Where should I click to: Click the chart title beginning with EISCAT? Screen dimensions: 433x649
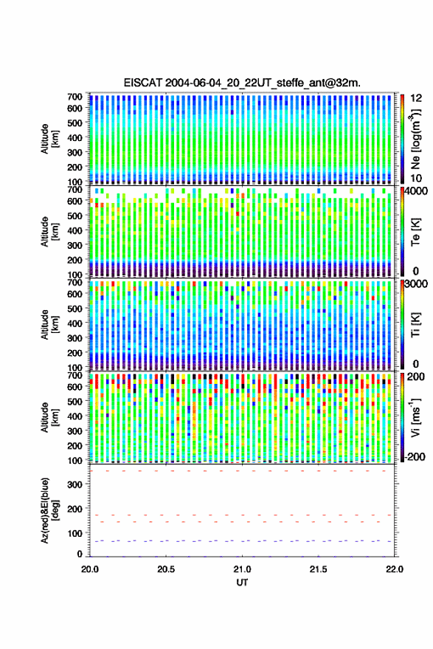pyautogui.click(x=242, y=83)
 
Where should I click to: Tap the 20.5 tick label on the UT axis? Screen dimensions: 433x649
pyautogui.click(x=166, y=569)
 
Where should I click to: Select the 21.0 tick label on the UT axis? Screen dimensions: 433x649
pyautogui.click(x=242, y=569)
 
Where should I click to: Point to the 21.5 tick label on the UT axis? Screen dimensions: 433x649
pyautogui.click(x=318, y=569)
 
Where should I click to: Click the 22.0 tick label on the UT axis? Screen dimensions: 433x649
pyautogui.click(x=394, y=569)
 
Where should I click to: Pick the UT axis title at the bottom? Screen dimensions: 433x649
pyautogui.click(x=242, y=583)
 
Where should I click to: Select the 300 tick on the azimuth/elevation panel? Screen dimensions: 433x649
pyautogui.click(x=75, y=484)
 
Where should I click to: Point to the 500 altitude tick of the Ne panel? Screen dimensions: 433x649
pyautogui.click(x=75, y=123)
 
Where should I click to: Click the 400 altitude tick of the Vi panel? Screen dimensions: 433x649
pyautogui.click(x=75, y=416)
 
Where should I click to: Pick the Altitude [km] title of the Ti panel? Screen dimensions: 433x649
pyautogui.click(x=49, y=325)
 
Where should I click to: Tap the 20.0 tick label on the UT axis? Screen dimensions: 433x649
pyautogui.click(x=90, y=569)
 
